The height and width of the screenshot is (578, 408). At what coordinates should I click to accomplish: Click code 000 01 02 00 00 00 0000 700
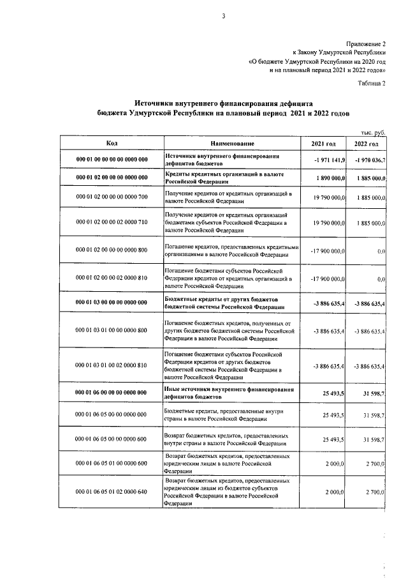[112, 197]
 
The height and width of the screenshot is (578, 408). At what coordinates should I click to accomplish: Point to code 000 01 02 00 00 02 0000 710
[112, 222]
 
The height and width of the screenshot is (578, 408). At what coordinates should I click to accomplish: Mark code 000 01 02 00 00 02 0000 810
[112, 278]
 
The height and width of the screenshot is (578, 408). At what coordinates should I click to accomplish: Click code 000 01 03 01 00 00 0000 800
[112, 331]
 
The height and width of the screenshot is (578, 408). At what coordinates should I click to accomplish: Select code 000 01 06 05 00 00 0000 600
[112, 439]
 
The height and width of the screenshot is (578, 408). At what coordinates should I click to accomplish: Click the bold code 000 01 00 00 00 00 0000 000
[112, 160]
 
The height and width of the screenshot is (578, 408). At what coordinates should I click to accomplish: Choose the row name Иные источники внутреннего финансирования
[229, 390]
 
